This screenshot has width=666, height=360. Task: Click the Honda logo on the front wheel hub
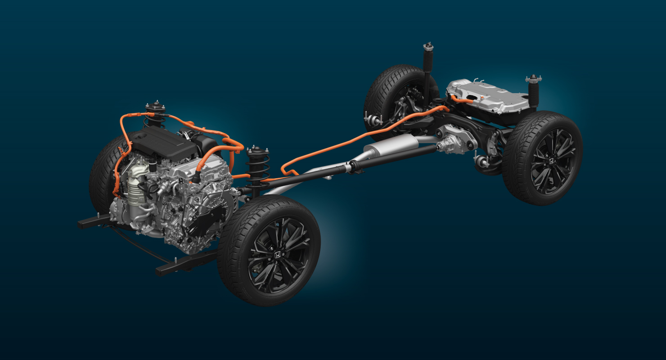point(279,254)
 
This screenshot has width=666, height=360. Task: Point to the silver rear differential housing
point(454,138)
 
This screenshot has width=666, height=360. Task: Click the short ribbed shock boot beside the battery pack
point(534,93)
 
